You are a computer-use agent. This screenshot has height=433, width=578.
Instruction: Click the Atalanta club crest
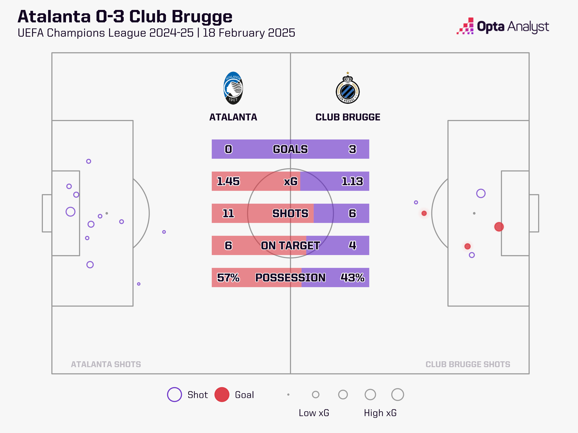coord(233,88)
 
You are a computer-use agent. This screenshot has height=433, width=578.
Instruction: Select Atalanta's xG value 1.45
coord(228,181)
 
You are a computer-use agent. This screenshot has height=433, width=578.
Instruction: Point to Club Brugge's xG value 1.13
coord(352,181)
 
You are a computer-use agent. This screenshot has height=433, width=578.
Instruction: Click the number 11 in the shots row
coord(228,213)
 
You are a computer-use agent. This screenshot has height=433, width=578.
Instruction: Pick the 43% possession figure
coord(352,277)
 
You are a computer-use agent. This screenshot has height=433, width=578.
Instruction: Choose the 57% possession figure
coord(228,277)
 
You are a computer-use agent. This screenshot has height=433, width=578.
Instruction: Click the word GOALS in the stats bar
coord(290,149)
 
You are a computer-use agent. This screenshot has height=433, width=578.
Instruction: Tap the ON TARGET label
coord(290,245)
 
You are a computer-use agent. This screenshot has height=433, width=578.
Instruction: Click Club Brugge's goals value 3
coord(352,149)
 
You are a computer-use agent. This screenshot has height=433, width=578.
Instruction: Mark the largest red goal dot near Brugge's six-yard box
coord(499,227)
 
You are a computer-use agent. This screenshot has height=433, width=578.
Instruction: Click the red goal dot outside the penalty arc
coord(424,213)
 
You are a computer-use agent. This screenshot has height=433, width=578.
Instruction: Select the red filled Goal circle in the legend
coord(222,394)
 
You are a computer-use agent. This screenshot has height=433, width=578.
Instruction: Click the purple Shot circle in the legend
coord(174,394)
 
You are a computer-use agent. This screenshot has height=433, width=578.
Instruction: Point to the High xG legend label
coord(380,413)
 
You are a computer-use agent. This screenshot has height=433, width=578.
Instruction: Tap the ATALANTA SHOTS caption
coord(106,364)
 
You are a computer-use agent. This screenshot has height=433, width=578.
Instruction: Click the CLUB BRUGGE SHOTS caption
coord(468,364)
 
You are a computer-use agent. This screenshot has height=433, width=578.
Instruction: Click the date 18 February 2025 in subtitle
coord(249,33)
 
